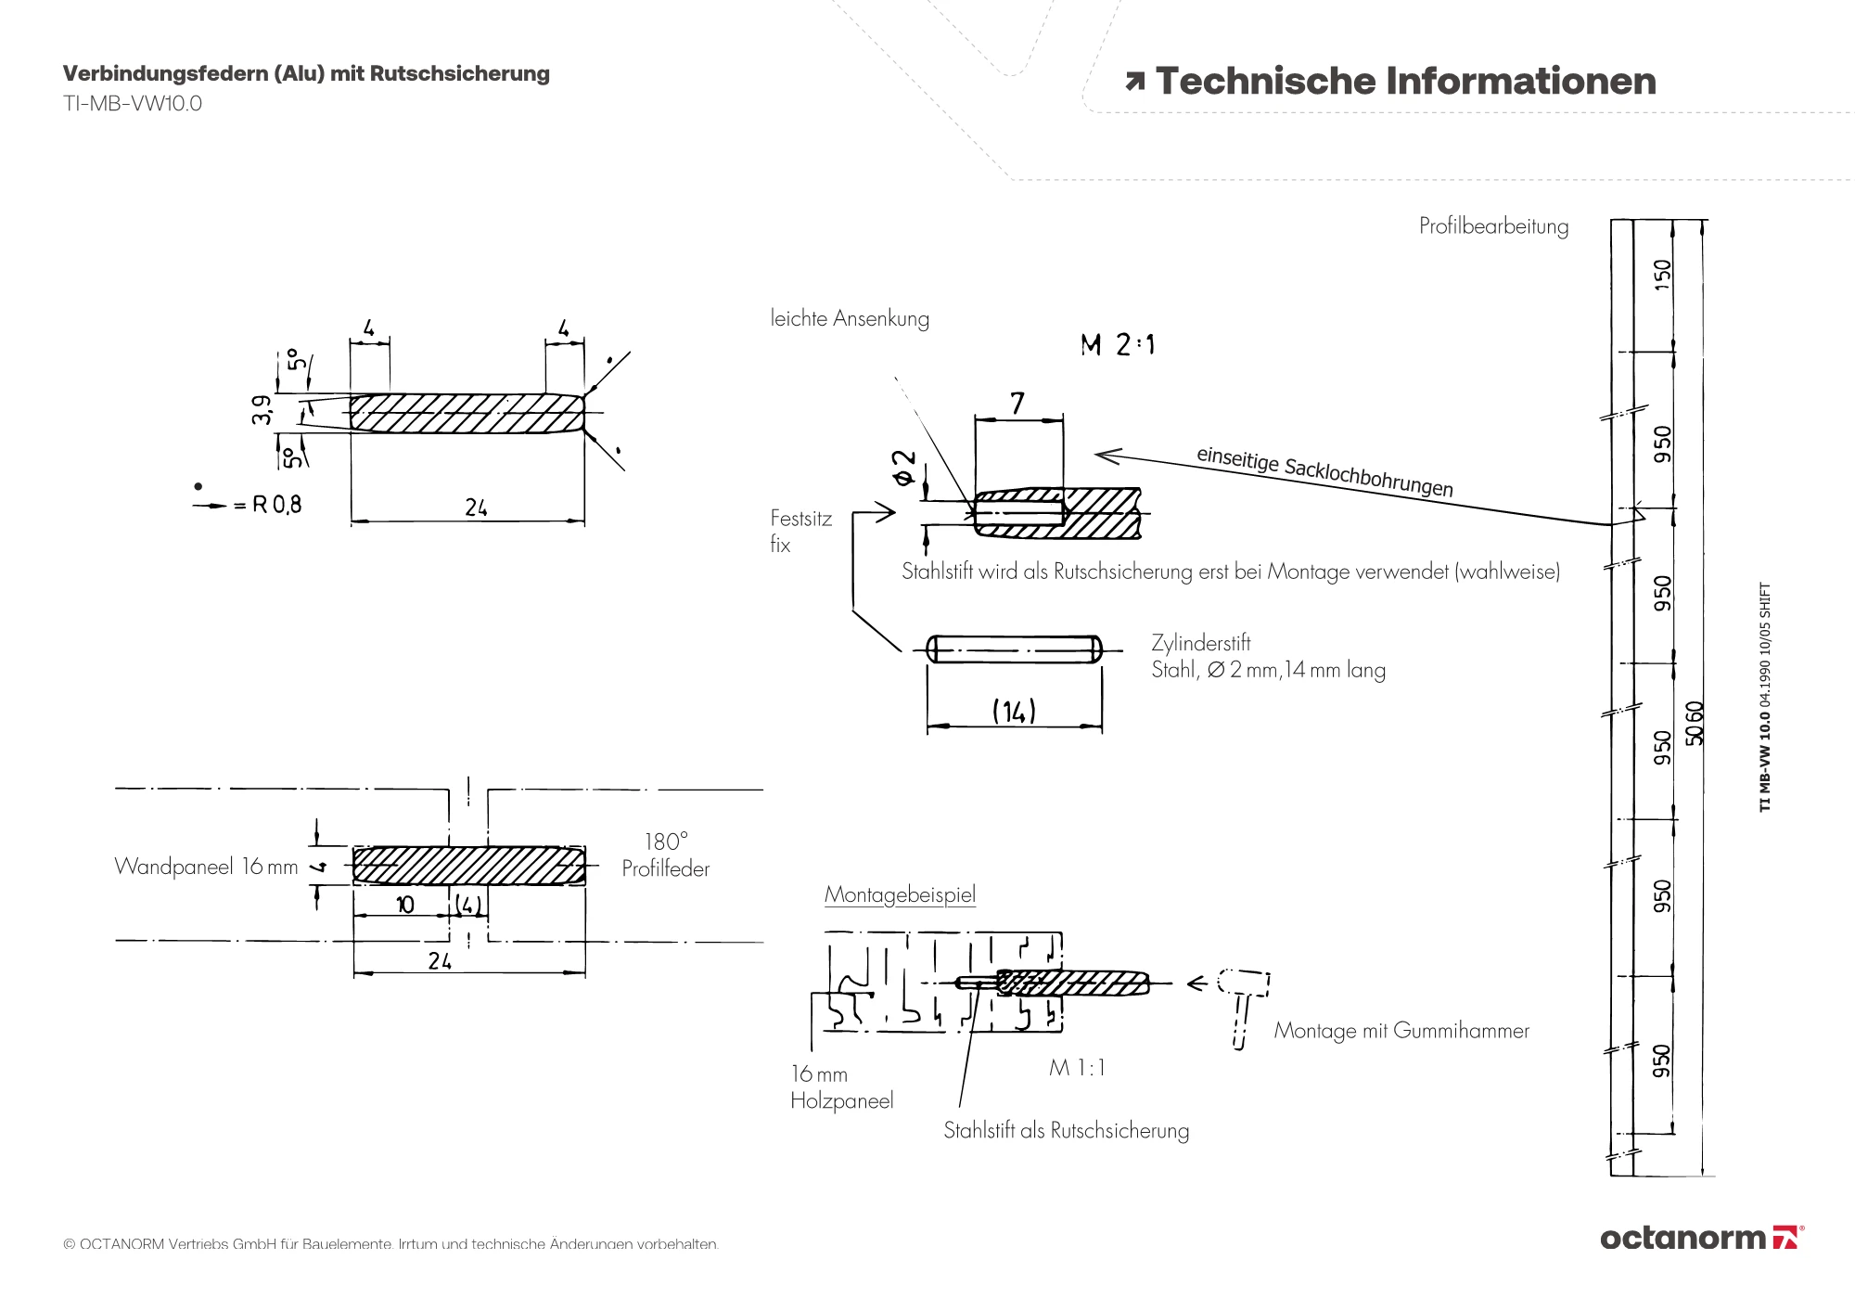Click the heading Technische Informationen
[x=1404, y=82]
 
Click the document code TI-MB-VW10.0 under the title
[x=133, y=104]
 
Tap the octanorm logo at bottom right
[x=1701, y=1237]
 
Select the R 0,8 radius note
[x=276, y=505]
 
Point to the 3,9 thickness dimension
[x=262, y=409]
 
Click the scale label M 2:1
[x=1118, y=345]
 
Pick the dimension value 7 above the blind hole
[x=1017, y=404]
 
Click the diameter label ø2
[x=903, y=468]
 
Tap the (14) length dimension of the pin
[x=1014, y=712]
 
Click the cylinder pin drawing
[x=1014, y=649]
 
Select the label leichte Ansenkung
[x=850, y=319]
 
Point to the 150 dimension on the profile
[x=1662, y=275]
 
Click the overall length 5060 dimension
[x=1695, y=723]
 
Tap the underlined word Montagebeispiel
[x=900, y=895]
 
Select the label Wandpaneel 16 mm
[x=206, y=867]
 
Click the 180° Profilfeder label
[x=666, y=855]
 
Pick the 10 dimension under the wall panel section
[x=405, y=905]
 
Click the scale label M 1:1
[x=1077, y=1068]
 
